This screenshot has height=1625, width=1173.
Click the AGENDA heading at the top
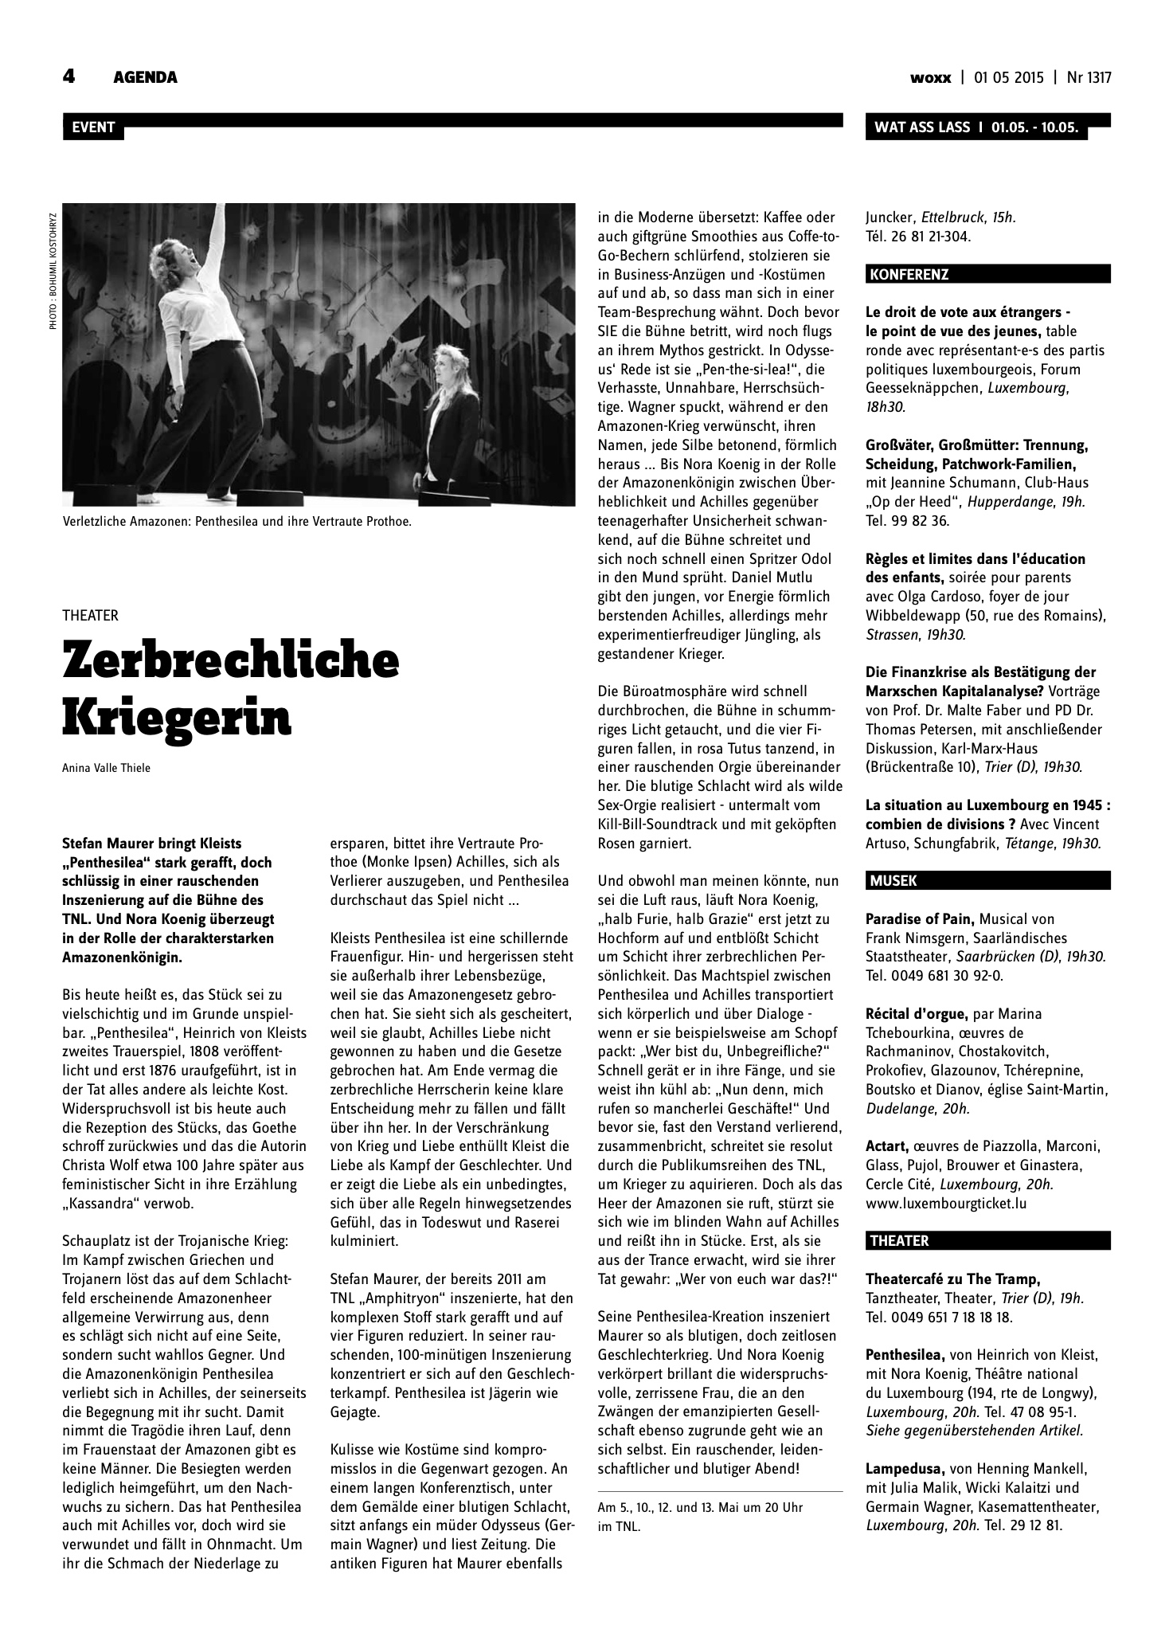coord(145,77)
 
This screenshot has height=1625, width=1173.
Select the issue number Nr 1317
coord(1089,78)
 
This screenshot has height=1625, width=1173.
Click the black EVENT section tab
coord(93,127)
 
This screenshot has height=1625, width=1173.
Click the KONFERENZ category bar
coord(987,275)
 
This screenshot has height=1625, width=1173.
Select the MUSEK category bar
coord(987,880)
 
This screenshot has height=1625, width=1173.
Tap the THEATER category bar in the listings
coord(987,1240)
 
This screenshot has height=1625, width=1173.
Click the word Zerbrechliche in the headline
coord(230,660)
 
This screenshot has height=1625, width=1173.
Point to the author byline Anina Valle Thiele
coord(106,769)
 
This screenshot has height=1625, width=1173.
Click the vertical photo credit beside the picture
coord(53,271)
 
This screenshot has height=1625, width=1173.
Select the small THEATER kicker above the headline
coord(90,615)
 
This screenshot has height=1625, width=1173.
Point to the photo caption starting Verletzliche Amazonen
coord(237,523)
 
